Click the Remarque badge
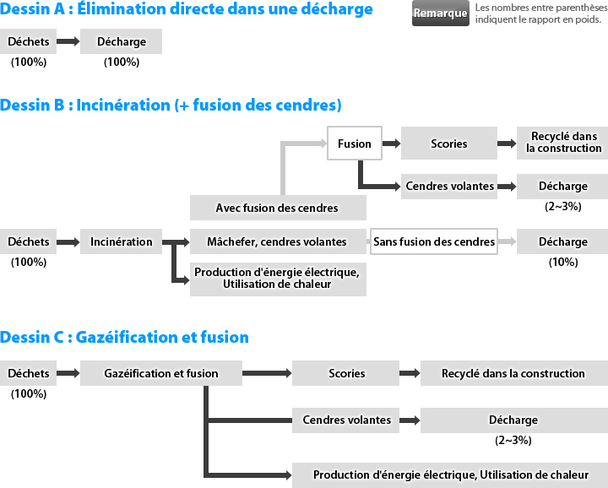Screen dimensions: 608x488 tap(441, 14)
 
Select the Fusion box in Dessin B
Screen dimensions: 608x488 tap(355, 143)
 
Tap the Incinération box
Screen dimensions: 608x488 tap(121, 241)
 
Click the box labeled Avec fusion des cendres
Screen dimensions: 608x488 tap(278, 208)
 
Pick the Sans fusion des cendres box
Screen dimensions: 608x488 tap(434, 241)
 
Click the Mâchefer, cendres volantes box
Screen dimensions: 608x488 tap(278, 241)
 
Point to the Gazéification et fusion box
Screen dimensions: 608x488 tap(161, 373)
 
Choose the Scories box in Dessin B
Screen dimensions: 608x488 tap(449, 143)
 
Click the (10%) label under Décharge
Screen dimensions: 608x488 tap(563, 262)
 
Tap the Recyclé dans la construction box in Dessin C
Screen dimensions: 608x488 tap(514, 373)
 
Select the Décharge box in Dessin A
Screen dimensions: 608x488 tap(121, 41)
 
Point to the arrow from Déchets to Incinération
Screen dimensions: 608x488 tap(68, 242)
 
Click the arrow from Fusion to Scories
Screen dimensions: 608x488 tap(391, 144)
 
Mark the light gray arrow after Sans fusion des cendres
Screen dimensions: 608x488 tap(507, 241)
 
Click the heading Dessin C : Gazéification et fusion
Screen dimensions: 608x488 tap(124, 337)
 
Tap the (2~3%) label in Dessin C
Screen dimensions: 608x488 tap(513, 441)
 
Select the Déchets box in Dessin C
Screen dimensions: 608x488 tap(29, 373)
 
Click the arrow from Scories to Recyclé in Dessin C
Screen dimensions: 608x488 tap(410, 373)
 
